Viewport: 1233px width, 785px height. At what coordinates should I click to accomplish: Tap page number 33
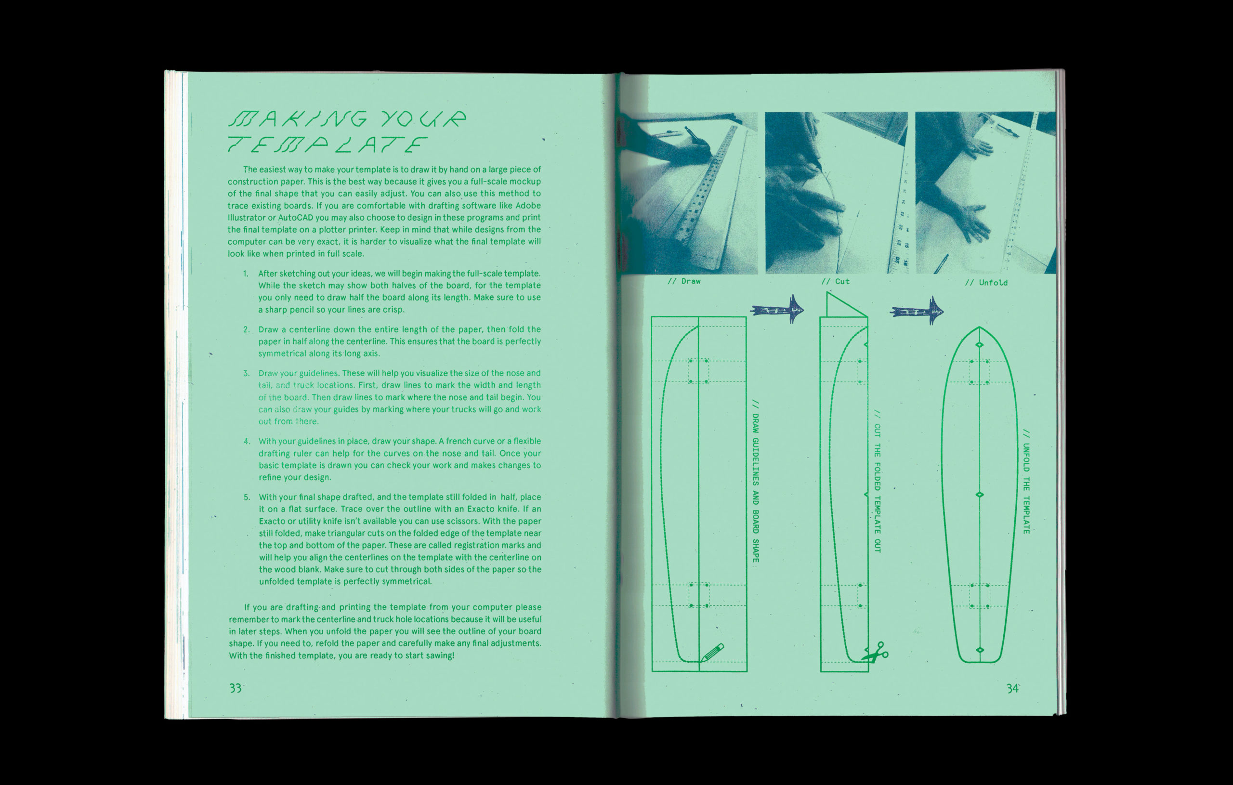coord(236,688)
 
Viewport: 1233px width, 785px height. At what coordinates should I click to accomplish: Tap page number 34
coord(1012,689)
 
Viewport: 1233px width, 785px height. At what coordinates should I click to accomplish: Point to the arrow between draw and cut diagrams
coord(777,309)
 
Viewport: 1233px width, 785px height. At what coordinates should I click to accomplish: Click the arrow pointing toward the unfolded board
coord(917,311)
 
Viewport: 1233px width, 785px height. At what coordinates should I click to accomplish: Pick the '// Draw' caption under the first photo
coord(684,281)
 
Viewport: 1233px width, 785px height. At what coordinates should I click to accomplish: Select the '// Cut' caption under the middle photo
coord(835,281)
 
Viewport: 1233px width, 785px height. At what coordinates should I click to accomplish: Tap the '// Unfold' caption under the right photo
coord(986,283)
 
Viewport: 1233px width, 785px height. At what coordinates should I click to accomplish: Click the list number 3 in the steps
coord(246,373)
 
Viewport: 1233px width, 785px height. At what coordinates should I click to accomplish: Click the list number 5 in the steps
coord(247,497)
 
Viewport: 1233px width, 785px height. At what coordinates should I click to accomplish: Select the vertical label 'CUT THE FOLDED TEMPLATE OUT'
coord(877,481)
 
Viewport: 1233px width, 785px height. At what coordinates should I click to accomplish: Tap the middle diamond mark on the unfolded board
coord(980,495)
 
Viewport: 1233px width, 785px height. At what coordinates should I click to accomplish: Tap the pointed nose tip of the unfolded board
coord(979,327)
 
